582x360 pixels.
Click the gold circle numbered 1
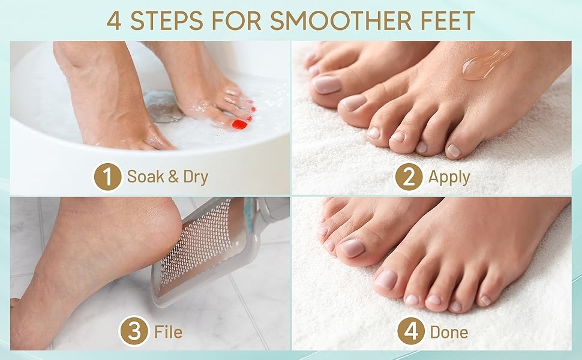(107, 176)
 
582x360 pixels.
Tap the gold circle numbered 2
(409, 176)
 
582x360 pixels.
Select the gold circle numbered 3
(134, 331)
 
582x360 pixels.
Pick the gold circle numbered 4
(411, 331)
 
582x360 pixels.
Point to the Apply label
(449, 178)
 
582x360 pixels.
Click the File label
(169, 332)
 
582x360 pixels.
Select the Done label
(449, 332)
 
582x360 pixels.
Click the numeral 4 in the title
(114, 21)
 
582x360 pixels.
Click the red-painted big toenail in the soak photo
(239, 124)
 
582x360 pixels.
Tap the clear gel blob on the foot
(484, 65)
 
